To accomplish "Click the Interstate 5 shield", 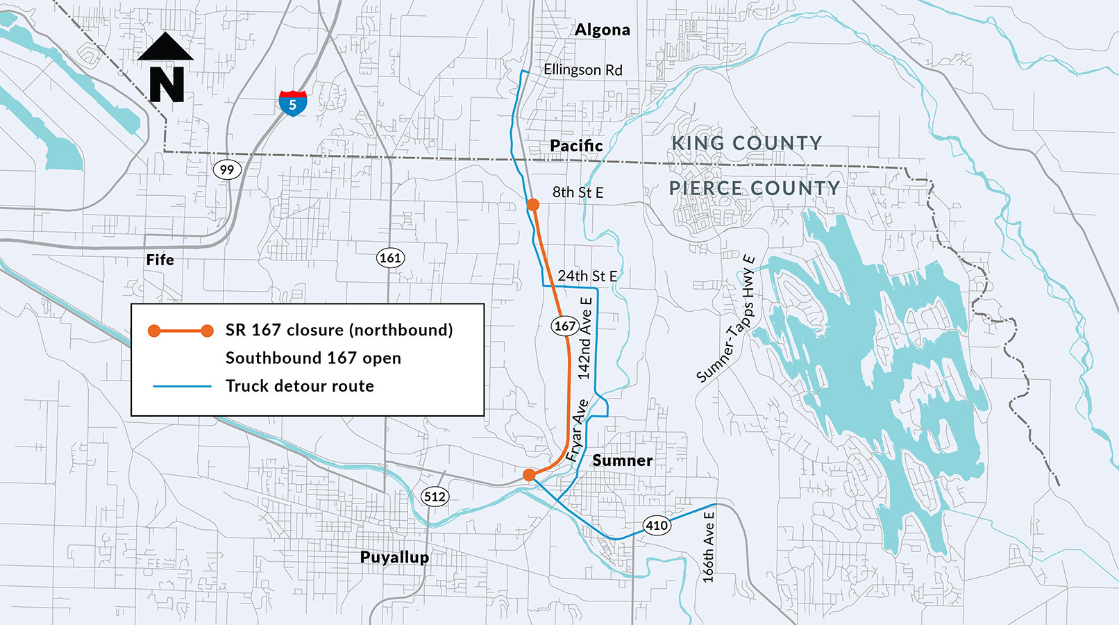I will [293, 103].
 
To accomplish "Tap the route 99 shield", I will [227, 169].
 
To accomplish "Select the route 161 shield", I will [390, 258].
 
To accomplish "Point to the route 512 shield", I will [435, 497].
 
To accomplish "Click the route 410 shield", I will [657, 525].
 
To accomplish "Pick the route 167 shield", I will [564, 326].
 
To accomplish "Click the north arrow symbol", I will [167, 67].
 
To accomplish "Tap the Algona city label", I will [603, 30].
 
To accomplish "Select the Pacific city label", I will [576, 146].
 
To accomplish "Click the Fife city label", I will [160, 260].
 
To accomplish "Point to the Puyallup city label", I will [394, 557].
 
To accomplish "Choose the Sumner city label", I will [622, 460].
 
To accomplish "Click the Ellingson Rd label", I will [582, 70].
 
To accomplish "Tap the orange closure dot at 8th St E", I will [532, 204].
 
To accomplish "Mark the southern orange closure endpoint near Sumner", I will [529, 475].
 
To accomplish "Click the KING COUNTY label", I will [746, 143].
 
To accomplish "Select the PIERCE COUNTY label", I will [754, 188].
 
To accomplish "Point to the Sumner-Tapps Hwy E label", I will [726, 319].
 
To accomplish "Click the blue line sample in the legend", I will [182, 386].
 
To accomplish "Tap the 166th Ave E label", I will [708, 547].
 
